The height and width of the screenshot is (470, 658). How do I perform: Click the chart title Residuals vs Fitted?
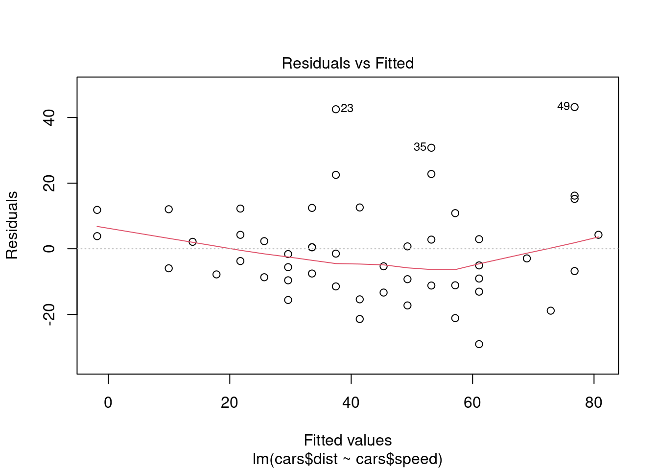point(348,64)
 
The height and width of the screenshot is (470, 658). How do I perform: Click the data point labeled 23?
point(336,109)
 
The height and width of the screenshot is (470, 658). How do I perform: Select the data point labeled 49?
point(574,107)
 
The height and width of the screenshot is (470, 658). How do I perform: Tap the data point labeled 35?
point(431,148)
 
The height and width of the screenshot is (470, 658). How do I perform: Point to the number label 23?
point(347,109)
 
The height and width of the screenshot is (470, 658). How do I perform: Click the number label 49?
point(564,106)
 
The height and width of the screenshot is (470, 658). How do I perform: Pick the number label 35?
point(420,147)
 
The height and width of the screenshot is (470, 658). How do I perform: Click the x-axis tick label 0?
point(108,403)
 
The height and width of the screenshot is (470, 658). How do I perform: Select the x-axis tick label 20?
point(230,403)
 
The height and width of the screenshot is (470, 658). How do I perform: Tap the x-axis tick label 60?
point(472,403)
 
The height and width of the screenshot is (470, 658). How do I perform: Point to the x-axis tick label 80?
point(594,403)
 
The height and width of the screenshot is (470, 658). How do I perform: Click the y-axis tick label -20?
point(49,314)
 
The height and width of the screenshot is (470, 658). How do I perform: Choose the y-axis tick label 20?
point(49,183)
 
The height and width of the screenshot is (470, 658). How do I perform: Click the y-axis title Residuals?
point(12,225)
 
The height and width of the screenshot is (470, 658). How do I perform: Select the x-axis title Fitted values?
point(348,440)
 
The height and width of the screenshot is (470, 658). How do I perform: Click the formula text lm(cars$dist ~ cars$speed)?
point(348,459)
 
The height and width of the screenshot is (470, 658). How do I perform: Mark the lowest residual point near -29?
point(479,344)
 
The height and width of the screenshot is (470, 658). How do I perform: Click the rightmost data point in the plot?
point(598,235)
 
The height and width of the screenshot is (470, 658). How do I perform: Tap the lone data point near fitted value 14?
point(192,242)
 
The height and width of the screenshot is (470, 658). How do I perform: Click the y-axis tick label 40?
point(49,117)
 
